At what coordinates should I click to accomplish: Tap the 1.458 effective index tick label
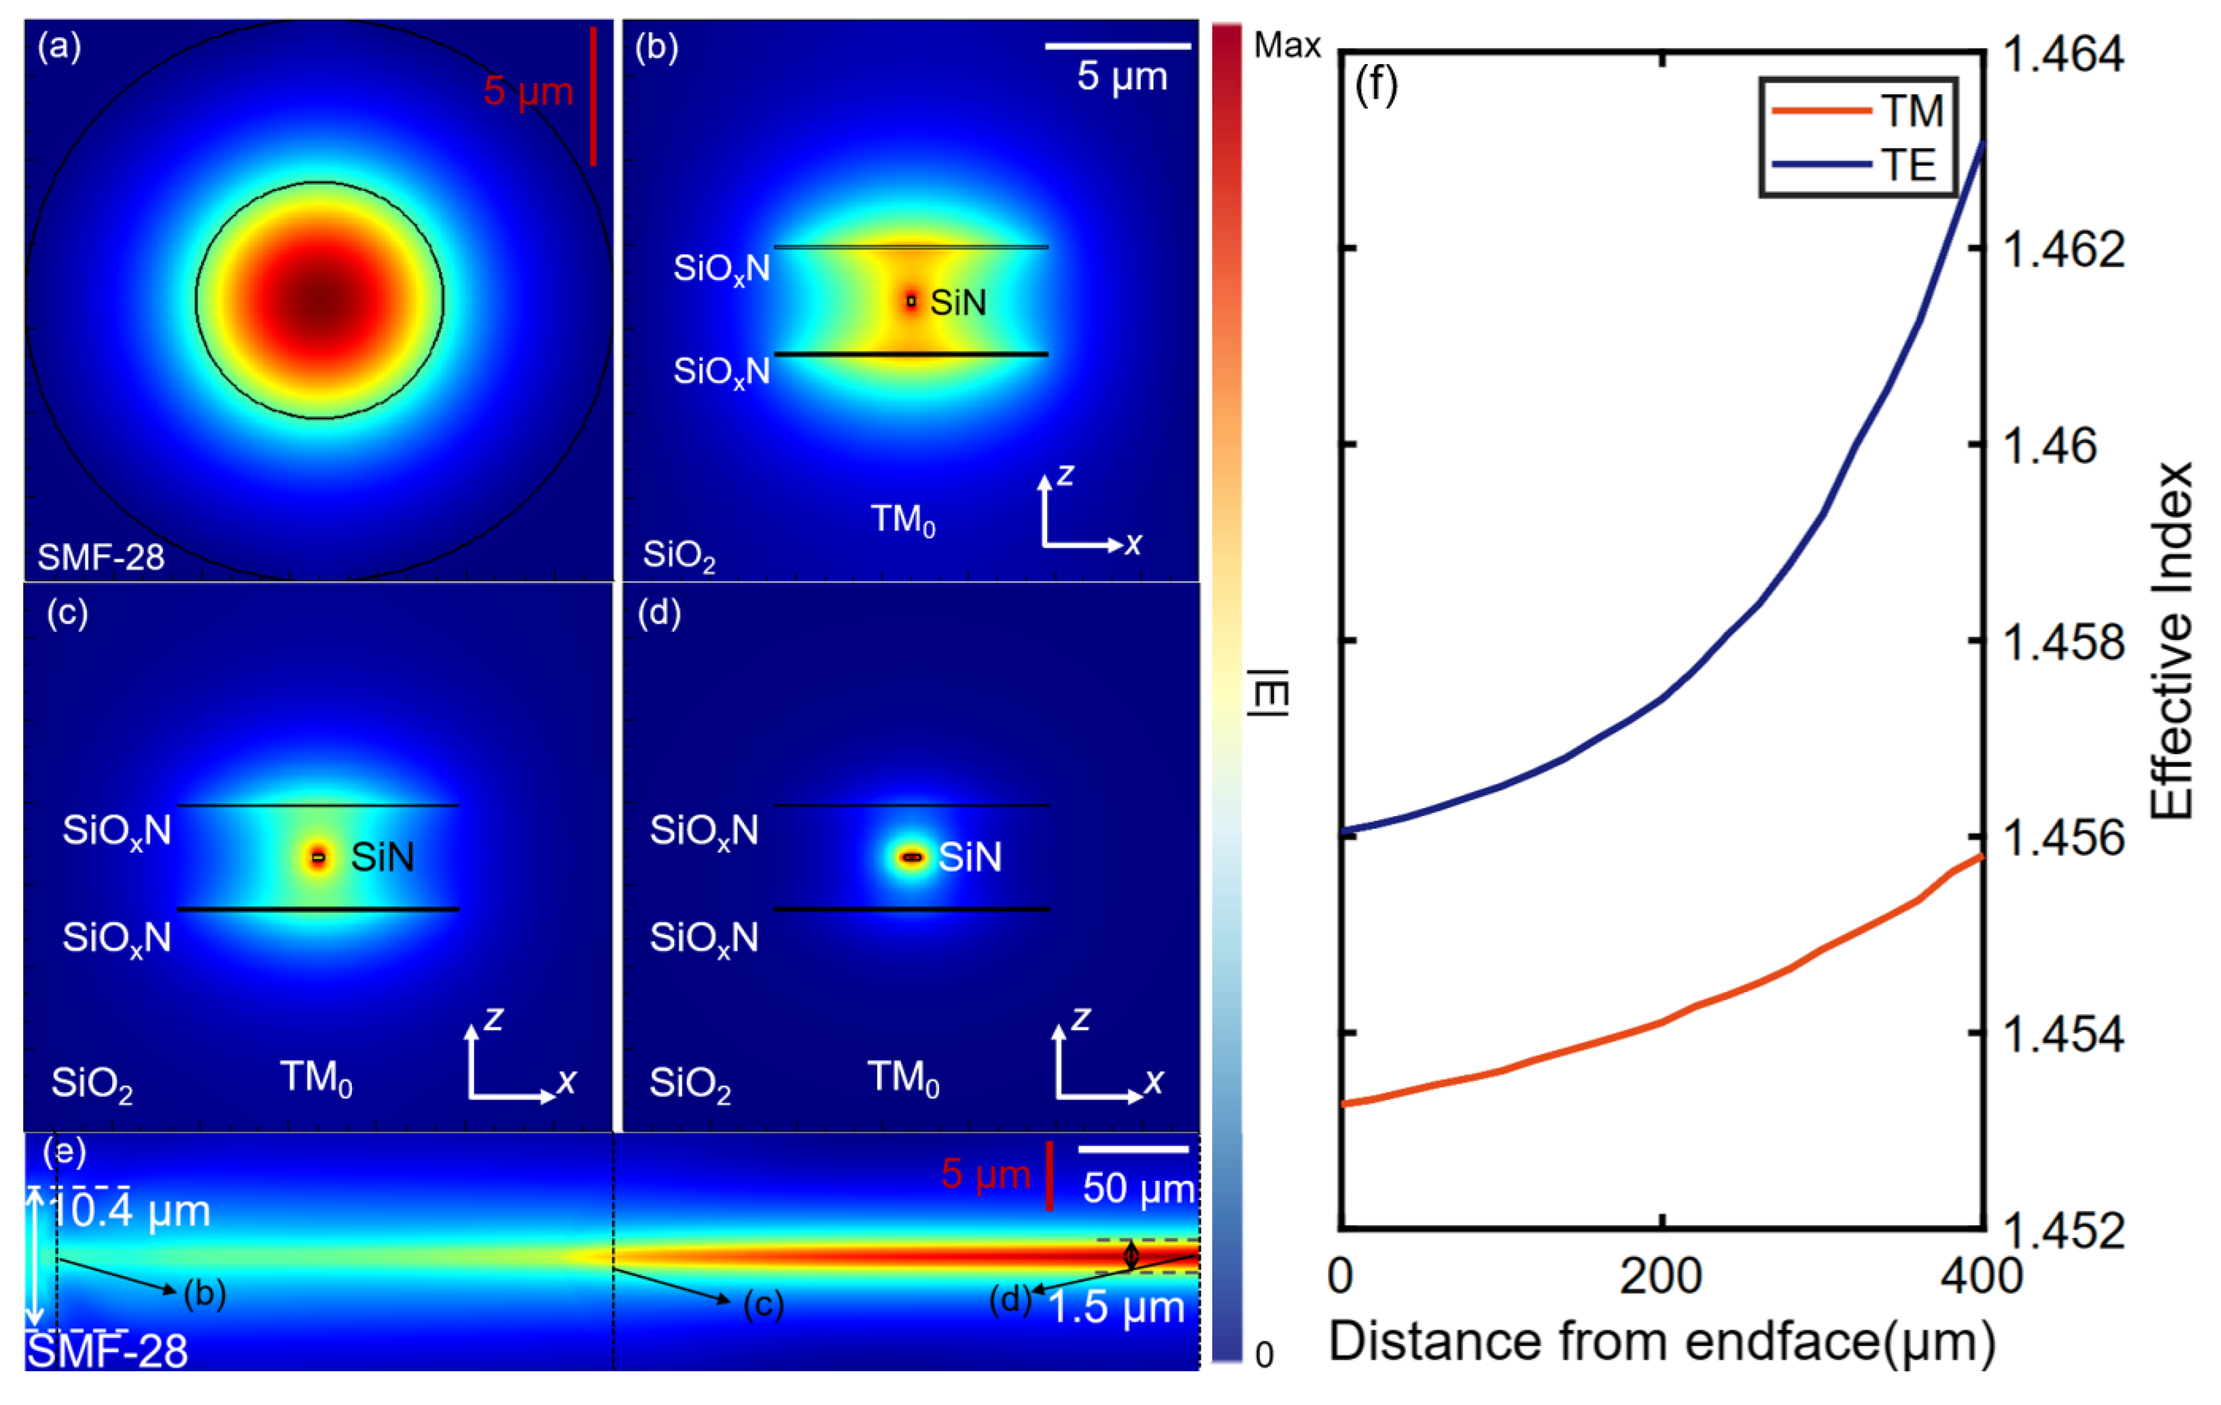click(x=2064, y=642)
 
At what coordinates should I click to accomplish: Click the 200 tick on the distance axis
click(x=1661, y=1277)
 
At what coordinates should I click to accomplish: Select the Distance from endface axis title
click(x=1661, y=1342)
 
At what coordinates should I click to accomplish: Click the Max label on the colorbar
click(x=1287, y=44)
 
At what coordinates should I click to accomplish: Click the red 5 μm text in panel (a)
click(x=527, y=92)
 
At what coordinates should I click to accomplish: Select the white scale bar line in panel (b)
click(x=1117, y=45)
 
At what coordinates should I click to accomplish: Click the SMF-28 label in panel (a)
click(x=101, y=557)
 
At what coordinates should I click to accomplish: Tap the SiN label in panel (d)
click(x=969, y=858)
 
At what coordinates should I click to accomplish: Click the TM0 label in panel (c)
click(x=315, y=1078)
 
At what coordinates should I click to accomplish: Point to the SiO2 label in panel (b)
click(x=679, y=556)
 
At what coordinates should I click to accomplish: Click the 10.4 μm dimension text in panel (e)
click(x=129, y=1211)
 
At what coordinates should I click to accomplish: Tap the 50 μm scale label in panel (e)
click(x=1138, y=1189)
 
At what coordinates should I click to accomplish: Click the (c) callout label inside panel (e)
click(x=763, y=1304)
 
